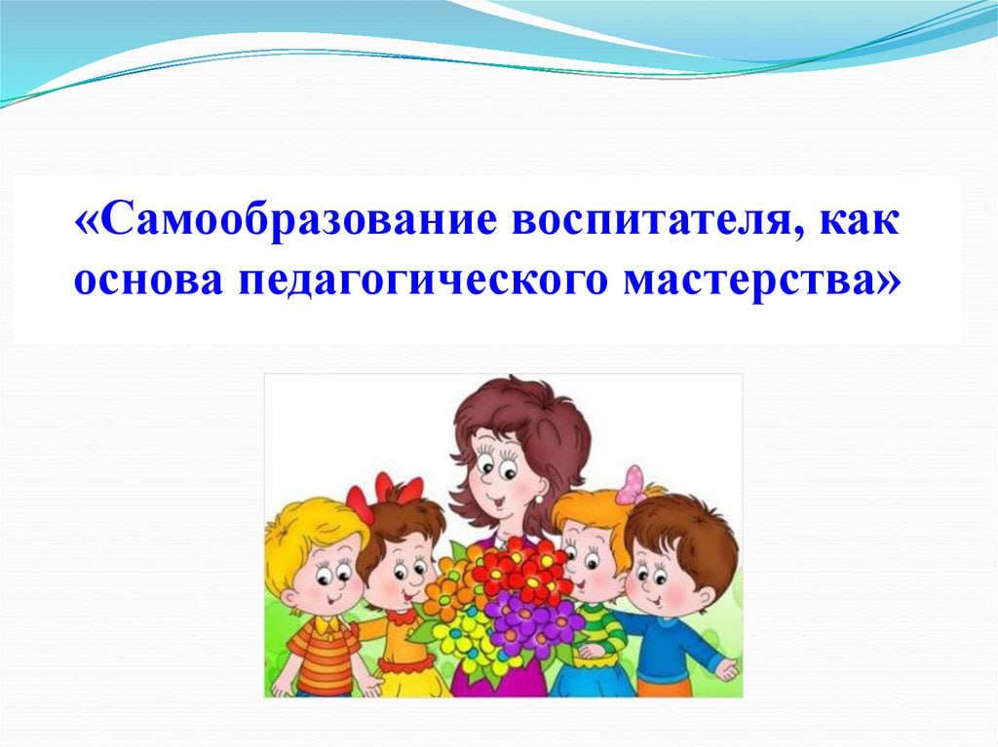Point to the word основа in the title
[148, 280]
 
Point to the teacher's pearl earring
[539, 499]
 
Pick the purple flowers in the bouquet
[531, 619]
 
